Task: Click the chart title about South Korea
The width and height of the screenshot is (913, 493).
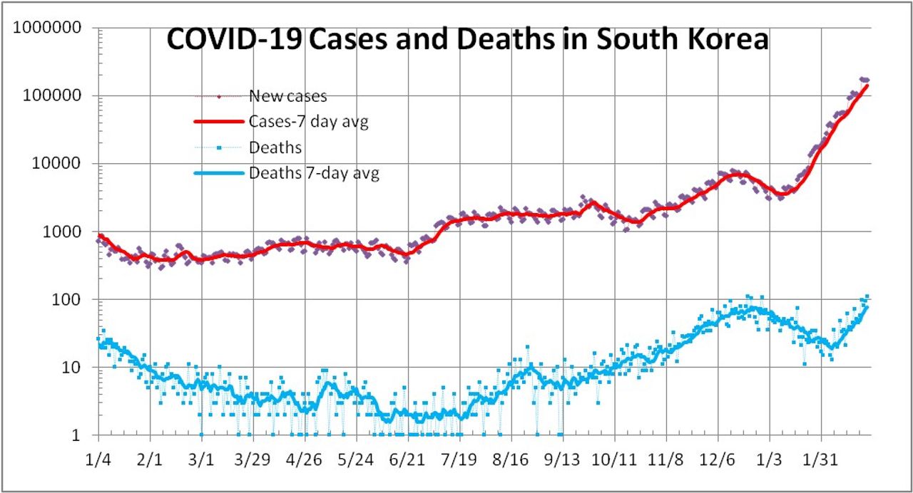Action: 467,40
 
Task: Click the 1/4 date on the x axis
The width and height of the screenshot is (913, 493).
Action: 98,457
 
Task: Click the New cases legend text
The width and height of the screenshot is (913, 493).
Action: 287,96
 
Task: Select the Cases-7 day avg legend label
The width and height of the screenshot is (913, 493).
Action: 308,122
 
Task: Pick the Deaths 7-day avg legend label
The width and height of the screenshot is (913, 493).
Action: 314,173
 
